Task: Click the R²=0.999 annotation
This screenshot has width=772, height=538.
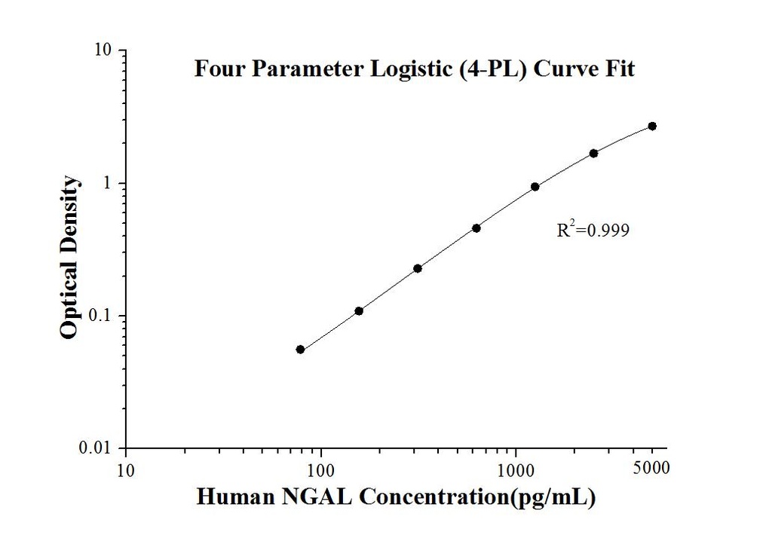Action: point(593,231)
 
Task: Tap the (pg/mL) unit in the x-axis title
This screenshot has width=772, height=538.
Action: point(556,497)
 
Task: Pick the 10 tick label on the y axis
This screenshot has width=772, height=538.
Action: point(103,50)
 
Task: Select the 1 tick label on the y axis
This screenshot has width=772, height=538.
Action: point(109,183)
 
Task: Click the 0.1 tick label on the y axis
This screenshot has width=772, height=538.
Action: point(103,316)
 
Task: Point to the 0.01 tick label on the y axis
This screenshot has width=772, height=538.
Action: point(100,449)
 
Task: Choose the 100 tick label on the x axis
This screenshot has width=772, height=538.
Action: point(321,471)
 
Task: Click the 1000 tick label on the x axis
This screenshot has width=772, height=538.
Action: point(516,471)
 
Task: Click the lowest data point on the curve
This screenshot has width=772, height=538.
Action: point(300,350)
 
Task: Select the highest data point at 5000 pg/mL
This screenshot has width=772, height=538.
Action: point(652,126)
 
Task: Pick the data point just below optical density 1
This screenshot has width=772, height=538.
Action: point(535,187)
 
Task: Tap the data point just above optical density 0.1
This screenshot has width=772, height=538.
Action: point(359,311)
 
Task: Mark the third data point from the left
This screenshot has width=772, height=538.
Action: point(418,268)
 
